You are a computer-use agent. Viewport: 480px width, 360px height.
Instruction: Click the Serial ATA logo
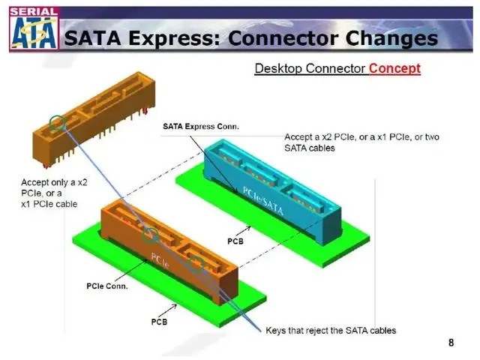[34, 28]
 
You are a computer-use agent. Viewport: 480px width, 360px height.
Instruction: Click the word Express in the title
[174, 38]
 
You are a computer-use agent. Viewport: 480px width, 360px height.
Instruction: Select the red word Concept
[394, 68]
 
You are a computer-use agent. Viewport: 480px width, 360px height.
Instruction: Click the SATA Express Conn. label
[200, 127]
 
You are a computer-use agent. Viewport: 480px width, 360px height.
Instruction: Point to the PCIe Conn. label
[106, 286]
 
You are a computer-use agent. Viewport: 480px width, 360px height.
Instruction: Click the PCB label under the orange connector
[159, 322]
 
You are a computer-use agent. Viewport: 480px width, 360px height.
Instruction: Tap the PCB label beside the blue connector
[235, 241]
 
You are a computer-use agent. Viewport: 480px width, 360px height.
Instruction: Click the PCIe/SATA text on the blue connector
[263, 200]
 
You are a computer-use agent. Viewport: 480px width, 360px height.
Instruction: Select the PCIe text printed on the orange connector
[160, 261]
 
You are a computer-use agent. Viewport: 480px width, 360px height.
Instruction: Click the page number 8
[451, 342]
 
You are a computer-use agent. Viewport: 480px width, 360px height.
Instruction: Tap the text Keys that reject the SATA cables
[331, 331]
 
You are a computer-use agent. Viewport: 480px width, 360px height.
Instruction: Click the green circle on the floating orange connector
[58, 123]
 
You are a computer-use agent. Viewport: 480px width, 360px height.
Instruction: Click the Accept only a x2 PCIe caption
[54, 193]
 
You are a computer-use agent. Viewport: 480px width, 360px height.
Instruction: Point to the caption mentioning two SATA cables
[361, 142]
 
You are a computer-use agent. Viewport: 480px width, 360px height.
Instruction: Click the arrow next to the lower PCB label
[167, 310]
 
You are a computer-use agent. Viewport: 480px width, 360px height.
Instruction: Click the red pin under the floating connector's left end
[46, 166]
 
